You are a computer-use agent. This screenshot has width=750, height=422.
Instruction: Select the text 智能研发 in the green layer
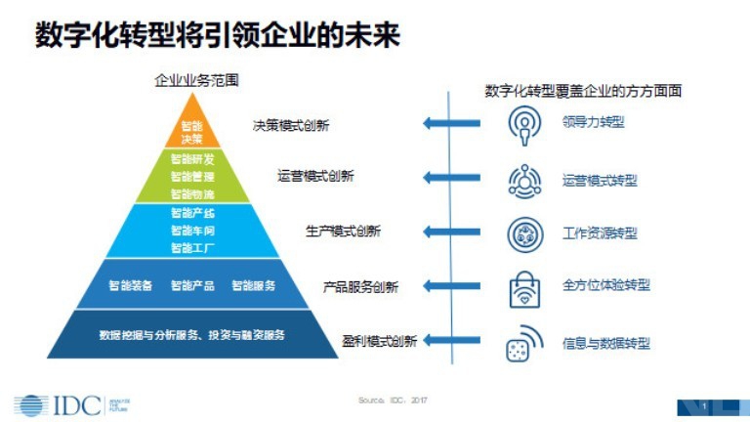(x=191, y=159)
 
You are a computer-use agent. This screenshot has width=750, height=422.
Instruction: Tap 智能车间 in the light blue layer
(x=191, y=231)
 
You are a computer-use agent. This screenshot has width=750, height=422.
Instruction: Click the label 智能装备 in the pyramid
(x=130, y=286)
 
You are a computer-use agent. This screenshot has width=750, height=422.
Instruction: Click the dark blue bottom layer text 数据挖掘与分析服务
(x=143, y=335)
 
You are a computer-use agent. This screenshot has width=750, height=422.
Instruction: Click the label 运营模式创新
(x=315, y=177)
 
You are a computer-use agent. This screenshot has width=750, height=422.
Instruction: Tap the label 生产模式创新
(x=343, y=232)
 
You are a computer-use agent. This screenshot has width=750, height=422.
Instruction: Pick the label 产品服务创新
(x=360, y=287)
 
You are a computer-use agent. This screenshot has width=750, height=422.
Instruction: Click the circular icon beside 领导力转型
(x=526, y=124)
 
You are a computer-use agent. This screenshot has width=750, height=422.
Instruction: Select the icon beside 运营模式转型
(x=526, y=181)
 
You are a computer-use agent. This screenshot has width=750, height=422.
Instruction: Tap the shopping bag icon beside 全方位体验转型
(x=526, y=288)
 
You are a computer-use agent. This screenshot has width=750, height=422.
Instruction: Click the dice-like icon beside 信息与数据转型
(x=526, y=343)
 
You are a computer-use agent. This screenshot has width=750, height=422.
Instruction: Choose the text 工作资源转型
(x=600, y=233)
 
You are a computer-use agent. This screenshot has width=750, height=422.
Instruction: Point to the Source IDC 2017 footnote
(x=394, y=401)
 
